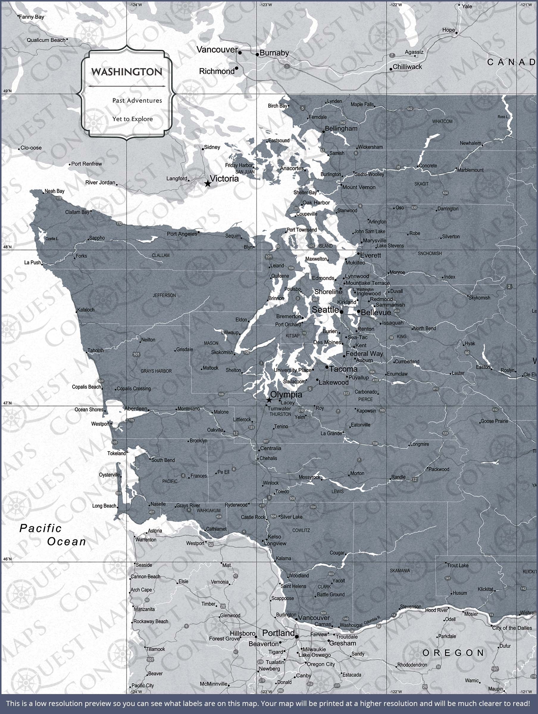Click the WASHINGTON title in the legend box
(x=126, y=72)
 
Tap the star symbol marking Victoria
(x=208, y=184)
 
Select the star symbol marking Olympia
(x=269, y=400)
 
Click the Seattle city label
(x=325, y=310)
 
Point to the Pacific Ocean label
(x=53, y=535)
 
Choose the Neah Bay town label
(x=54, y=191)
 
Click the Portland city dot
(x=297, y=637)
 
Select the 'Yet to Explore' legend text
(x=132, y=119)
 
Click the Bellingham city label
(x=341, y=129)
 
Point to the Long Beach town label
(x=104, y=506)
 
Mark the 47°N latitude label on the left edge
(x=7, y=403)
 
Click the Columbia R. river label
(x=372, y=620)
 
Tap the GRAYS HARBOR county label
(x=156, y=371)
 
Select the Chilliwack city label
(x=407, y=67)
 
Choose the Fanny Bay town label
(x=31, y=17)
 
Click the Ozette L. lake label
(x=52, y=239)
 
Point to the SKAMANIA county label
(x=400, y=571)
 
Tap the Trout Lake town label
(x=458, y=566)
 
